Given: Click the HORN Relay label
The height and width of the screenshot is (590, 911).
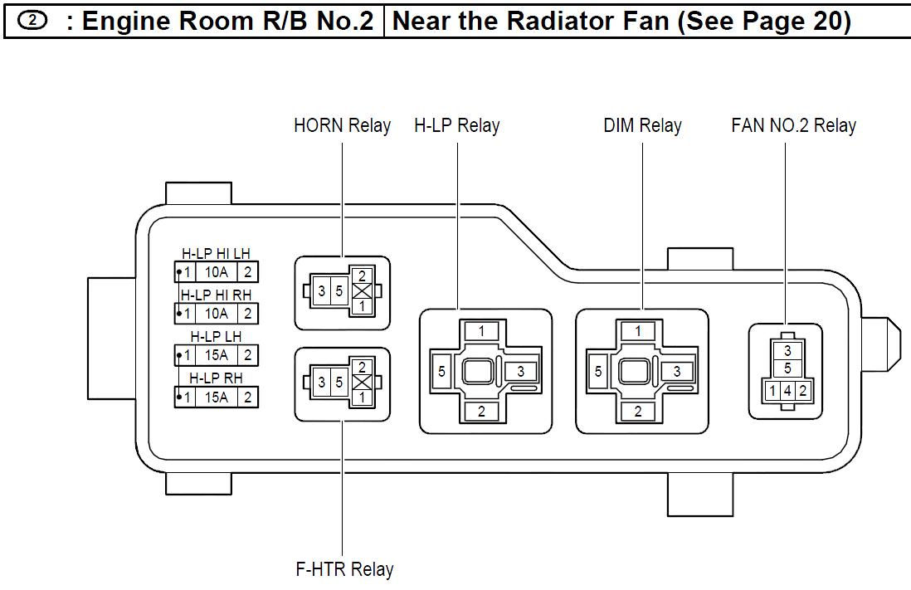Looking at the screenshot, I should coord(342,126).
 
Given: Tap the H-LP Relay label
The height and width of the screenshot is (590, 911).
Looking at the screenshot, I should coord(456,126).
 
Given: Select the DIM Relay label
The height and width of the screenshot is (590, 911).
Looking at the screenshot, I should coord(642,126).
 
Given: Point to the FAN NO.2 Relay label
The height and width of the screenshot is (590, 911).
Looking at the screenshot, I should coord(793,126).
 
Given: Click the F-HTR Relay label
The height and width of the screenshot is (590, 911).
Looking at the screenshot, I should coord(344,569).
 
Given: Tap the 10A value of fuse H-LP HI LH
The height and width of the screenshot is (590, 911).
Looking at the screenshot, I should coord(216,271).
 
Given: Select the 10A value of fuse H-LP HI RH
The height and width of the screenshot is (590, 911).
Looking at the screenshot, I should coord(216,313).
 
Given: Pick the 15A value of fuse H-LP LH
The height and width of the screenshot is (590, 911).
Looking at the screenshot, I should coord(216,355).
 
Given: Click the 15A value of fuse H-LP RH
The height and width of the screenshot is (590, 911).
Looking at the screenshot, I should coord(216,397).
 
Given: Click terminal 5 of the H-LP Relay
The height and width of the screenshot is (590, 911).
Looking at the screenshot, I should coord(441,372).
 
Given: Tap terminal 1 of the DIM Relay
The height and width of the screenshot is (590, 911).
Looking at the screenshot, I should coord(638,332).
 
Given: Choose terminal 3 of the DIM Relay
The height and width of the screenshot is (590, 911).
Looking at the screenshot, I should coord(677,372).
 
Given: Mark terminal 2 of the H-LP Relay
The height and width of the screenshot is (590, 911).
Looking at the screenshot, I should coord(481,412).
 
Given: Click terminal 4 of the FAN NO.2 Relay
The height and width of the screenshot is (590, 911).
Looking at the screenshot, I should coord(787,390).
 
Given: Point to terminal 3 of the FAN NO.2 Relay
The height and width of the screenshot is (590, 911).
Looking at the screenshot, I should coord(787,352).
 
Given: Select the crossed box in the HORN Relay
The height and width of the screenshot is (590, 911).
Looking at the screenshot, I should coord(361,291).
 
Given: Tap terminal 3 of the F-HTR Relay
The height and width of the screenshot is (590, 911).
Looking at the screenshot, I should coord(322,383).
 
